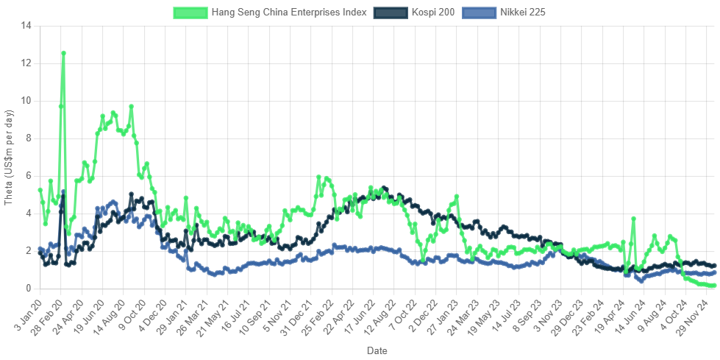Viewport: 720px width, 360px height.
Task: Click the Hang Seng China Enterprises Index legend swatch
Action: pos(190,13)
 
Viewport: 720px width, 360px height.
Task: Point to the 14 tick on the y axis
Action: pos(26,26)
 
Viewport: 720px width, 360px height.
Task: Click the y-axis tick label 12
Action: pos(26,63)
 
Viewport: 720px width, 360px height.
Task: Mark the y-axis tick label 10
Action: pos(26,101)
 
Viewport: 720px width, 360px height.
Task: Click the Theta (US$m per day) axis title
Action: pos(9,156)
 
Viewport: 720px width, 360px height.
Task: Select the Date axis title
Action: pos(377,351)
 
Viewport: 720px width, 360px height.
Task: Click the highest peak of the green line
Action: pos(64,53)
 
